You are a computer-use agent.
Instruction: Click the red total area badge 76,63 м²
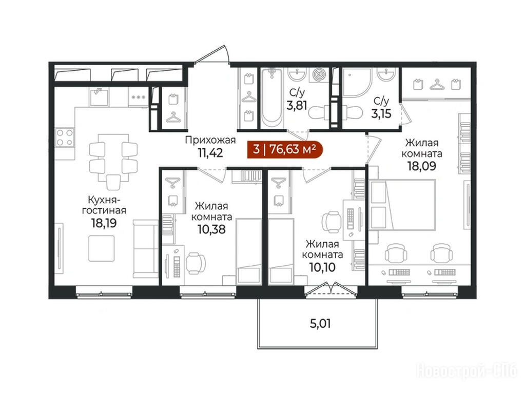click(x=285, y=149)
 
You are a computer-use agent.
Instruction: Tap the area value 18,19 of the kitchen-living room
click(x=104, y=223)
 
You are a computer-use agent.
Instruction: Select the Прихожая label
click(x=210, y=140)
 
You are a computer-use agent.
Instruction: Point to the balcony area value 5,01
click(x=320, y=324)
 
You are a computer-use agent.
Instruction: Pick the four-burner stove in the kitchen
click(x=65, y=137)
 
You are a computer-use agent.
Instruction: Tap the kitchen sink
click(x=99, y=96)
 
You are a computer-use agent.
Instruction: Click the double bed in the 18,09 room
click(x=402, y=205)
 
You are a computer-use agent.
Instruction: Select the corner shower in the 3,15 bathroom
click(x=357, y=82)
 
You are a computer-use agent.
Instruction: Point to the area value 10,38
click(x=211, y=229)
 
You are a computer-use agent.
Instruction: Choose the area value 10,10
click(x=322, y=267)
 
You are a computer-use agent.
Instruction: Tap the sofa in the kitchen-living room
click(x=146, y=249)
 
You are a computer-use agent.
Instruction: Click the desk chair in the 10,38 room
click(x=196, y=263)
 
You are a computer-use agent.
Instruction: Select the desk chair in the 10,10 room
click(x=332, y=222)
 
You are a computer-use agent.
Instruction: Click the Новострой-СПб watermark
click(x=466, y=371)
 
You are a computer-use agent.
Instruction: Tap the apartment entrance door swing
click(x=211, y=54)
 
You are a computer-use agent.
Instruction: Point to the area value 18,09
click(x=421, y=166)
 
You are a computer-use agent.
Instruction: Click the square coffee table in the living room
click(x=102, y=248)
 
